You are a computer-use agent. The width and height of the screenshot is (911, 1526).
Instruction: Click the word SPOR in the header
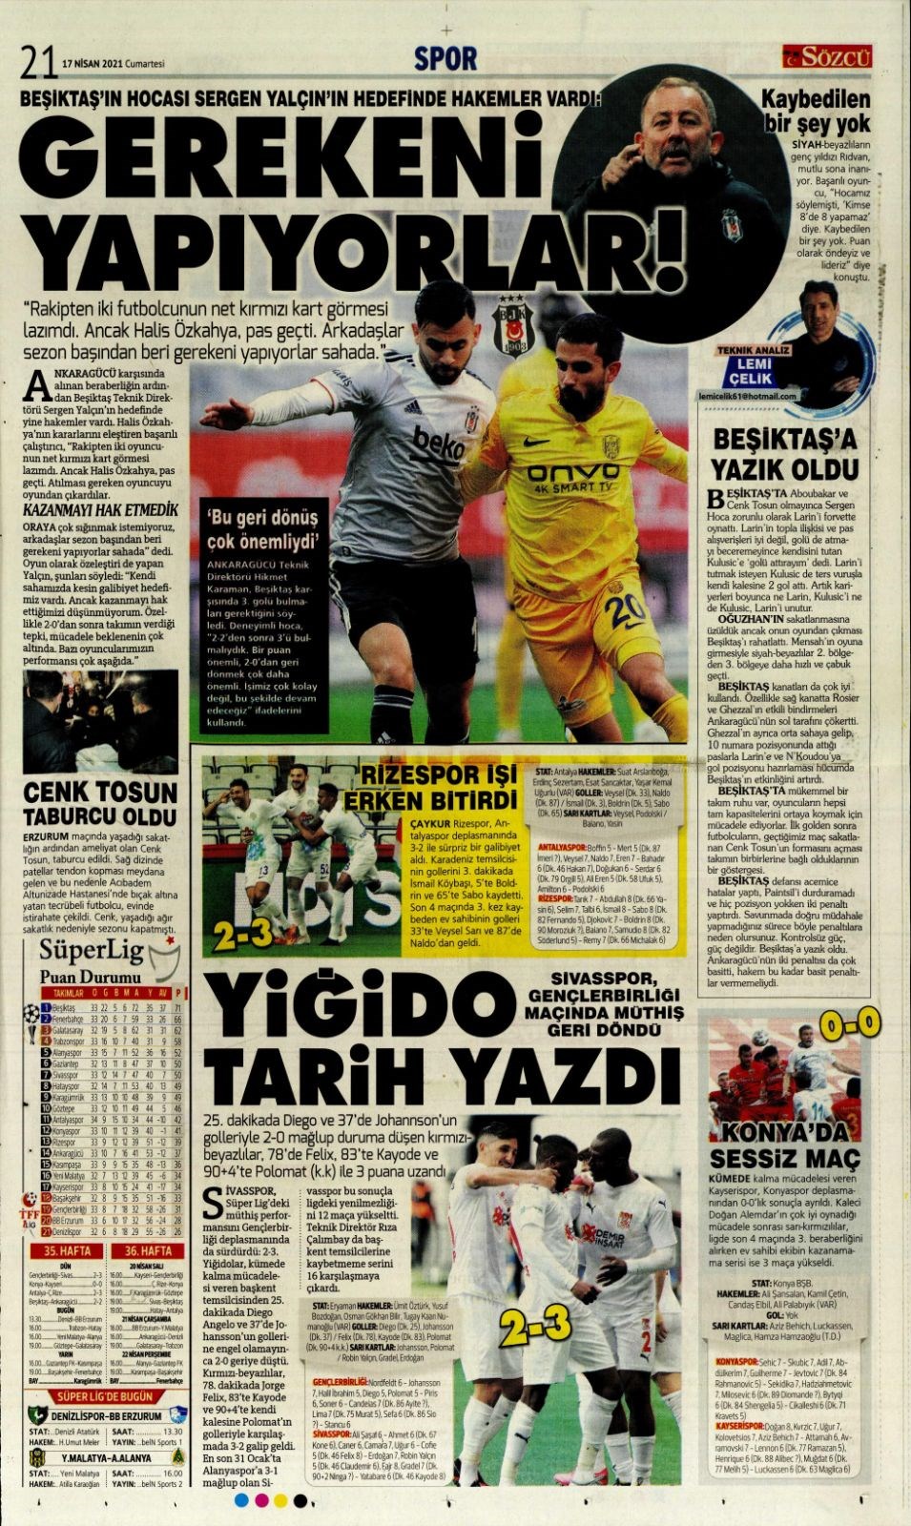tap(445, 59)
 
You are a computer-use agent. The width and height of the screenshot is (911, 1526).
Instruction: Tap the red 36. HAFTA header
tap(148, 1250)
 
